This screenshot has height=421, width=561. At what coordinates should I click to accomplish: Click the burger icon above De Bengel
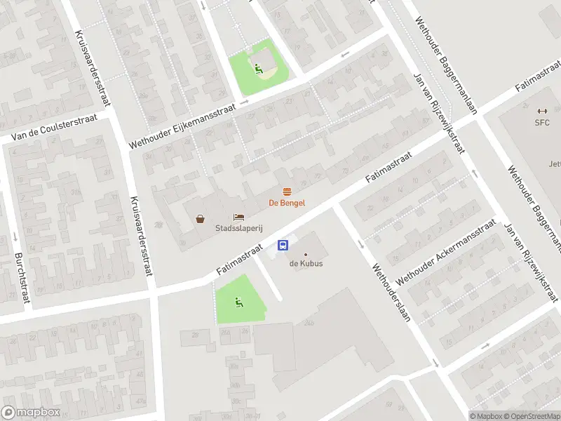[x=287, y=192]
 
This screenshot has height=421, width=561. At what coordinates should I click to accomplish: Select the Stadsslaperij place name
[x=238, y=228]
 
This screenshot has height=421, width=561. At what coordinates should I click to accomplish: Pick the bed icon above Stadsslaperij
[x=238, y=218]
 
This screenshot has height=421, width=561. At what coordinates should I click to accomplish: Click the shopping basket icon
[x=201, y=219]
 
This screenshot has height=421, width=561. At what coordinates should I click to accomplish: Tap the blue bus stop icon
[x=284, y=245]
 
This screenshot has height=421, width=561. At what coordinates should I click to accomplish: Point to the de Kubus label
[x=305, y=264]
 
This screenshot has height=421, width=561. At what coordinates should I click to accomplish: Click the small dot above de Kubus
[x=305, y=254]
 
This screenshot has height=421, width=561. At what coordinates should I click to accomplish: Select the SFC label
[x=542, y=122]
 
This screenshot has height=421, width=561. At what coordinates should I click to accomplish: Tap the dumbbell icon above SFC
[x=541, y=111]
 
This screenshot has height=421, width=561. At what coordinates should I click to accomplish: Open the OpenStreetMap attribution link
[x=531, y=416]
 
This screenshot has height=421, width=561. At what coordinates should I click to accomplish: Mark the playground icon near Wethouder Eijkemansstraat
[x=258, y=69]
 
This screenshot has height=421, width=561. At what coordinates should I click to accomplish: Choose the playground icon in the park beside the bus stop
[x=238, y=302]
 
